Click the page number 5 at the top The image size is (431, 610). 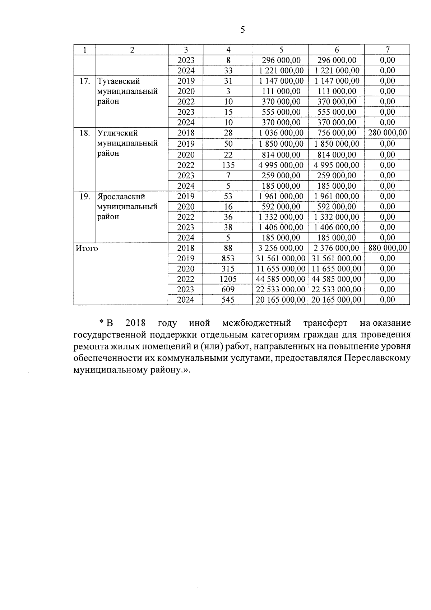[x=242, y=30]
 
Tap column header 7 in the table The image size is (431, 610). [x=388, y=50]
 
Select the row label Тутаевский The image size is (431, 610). [x=119, y=81]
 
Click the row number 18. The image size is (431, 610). [x=84, y=133]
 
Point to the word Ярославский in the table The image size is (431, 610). [x=121, y=197]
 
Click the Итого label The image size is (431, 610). [x=86, y=248]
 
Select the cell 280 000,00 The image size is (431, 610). [x=388, y=133]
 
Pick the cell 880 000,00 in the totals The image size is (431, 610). [x=388, y=248]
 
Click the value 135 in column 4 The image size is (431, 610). [x=228, y=165]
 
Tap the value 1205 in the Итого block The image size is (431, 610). [x=228, y=279]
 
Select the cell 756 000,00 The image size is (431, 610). [x=337, y=133]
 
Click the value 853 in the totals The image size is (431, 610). [x=228, y=258]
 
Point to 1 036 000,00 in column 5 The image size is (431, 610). [x=281, y=133]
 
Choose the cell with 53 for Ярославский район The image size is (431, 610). [x=228, y=197]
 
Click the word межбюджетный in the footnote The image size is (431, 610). [x=256, y=323]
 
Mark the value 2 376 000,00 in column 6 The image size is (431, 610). [x=337, y=248]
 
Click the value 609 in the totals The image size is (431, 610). [x=228, y=290]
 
